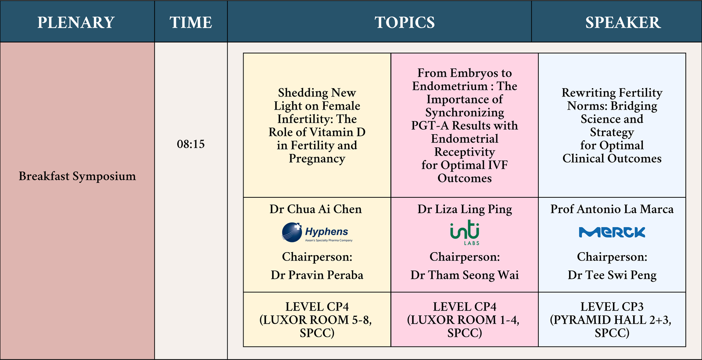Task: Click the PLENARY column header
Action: click(x=76, y=22)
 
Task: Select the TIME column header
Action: click(x=191, y=22)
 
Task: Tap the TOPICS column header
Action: click(x=405, y=22)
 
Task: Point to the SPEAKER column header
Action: click(x=623, y=22)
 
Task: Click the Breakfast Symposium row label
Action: click(x=77, y=176)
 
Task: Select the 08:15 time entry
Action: click(x=190, y=144)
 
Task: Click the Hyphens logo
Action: click(x=317, y=232)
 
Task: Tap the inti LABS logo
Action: click(x=465, y=232)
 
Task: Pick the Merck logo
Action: click(x=612, y=232)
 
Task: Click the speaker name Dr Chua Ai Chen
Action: click(x=315, y=209)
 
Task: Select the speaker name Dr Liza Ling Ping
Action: click(x=465, y=209)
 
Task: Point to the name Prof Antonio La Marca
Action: click(x=612, y=209)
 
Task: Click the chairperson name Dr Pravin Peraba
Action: click(x=317, y=275)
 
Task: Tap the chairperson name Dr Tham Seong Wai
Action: click(x=465, y=275)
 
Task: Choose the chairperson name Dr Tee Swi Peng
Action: click(x=612, y=275)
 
